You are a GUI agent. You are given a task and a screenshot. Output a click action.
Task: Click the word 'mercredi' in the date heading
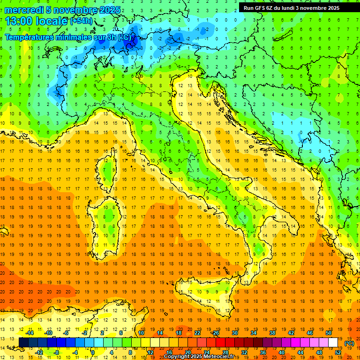point(22,10)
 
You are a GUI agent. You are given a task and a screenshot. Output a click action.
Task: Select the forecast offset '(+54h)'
point(81,21)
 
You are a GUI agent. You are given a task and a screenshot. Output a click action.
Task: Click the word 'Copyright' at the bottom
point(177,357)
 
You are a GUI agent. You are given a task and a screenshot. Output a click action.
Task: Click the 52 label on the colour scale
point(337,352)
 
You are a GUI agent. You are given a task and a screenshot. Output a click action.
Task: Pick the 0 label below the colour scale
point(93,352)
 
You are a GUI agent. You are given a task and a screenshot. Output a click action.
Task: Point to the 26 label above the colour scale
point(216,333)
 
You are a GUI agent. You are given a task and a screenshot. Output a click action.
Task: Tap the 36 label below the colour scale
point(262,352)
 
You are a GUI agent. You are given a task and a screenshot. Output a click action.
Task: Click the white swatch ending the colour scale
point(333,342)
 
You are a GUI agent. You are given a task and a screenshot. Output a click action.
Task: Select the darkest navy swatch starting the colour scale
point(24,342)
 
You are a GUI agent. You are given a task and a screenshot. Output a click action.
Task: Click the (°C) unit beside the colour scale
point(349,343)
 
